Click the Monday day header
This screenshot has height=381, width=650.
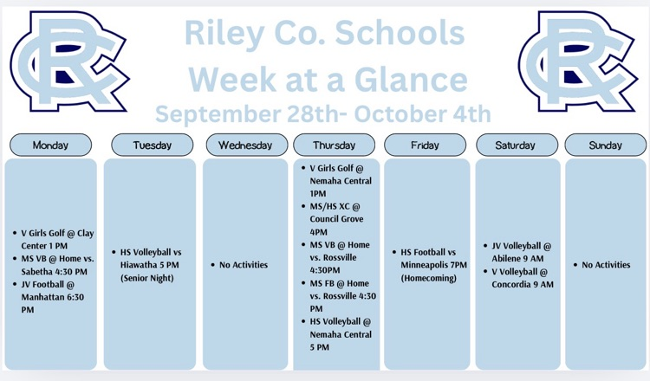(50, 145)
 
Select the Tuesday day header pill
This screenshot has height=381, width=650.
(153, 145)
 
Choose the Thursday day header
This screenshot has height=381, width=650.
(335, 145)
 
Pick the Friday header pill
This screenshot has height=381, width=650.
(425, 145)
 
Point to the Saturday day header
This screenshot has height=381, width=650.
(517, 145)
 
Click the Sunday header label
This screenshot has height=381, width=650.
(606, 145)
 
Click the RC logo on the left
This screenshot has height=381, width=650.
(69, 61)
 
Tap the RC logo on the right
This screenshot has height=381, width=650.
(578, 61)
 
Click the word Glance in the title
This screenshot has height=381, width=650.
(411, 80)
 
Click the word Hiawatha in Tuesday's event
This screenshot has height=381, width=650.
(134, 265)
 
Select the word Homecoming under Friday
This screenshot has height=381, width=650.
(429, 278)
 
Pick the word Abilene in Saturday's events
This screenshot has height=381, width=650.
(504, 258)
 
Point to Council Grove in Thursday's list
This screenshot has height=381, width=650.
(336, 219)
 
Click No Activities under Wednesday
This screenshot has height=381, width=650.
(244, 265)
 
